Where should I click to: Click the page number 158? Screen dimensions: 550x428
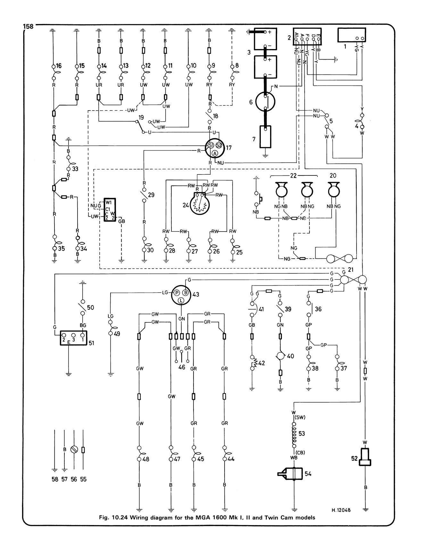28,27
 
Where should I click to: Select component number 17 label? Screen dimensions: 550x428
229,148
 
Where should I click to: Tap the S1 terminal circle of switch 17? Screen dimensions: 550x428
211,145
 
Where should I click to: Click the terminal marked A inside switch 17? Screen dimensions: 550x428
215,154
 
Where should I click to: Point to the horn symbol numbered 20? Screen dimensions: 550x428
333,190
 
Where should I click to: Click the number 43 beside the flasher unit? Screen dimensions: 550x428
196,294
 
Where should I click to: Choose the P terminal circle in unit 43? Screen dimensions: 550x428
177,292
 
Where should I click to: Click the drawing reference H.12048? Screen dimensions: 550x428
341,510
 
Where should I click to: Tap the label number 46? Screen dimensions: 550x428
182,367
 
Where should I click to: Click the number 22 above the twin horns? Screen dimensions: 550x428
294,176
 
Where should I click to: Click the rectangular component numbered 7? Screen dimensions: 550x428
266,137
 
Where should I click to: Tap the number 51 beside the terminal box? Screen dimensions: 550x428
91,343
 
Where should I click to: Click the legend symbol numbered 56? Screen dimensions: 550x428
74,449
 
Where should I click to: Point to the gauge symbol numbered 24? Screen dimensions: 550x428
200,204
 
